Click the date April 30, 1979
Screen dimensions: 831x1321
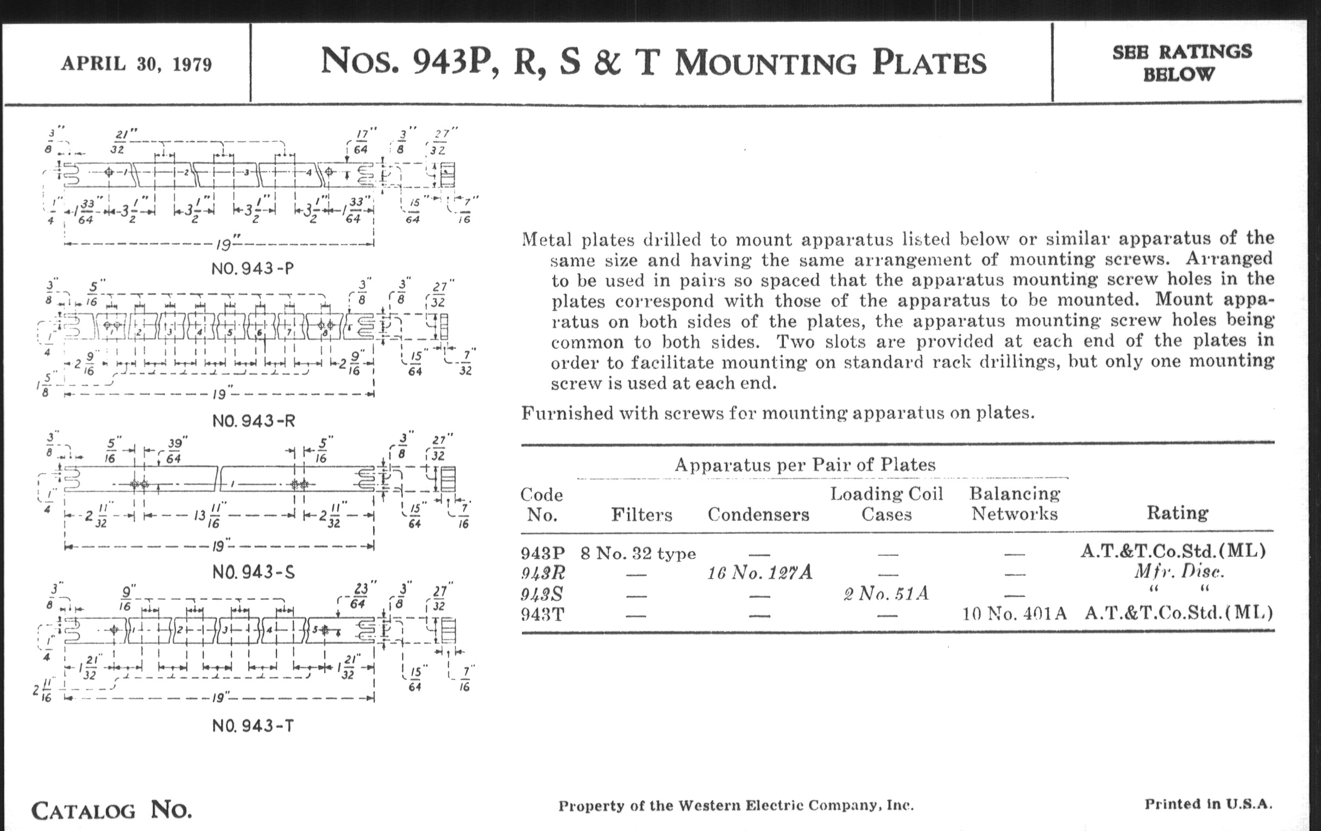click(136, 64)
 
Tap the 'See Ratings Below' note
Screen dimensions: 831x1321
click(1181, 63)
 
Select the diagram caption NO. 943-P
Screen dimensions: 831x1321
click(253, 269)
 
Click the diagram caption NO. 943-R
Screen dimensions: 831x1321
click(254, 421)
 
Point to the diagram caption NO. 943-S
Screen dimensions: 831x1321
click(254, 572)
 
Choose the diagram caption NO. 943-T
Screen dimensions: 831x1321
click(253, 726)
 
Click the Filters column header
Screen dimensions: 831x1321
click(641, 514)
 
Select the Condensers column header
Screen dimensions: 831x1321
click(758, 514)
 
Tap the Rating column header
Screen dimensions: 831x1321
click(1177, 513)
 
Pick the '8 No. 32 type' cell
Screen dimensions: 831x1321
click(638, 553)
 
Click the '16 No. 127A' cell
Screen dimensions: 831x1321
click(760, 573)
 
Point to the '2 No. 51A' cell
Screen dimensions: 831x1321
click(886, 594)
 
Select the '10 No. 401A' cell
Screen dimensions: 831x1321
click(1014, 613)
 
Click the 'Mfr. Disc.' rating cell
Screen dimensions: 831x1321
click(1179, 572)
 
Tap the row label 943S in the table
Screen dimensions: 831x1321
click(543, 594)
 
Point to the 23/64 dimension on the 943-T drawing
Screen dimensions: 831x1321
click(361, 595)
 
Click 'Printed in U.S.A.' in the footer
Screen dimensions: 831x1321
click(1207, 804)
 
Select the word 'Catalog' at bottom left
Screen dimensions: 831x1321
click(84, 811)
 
